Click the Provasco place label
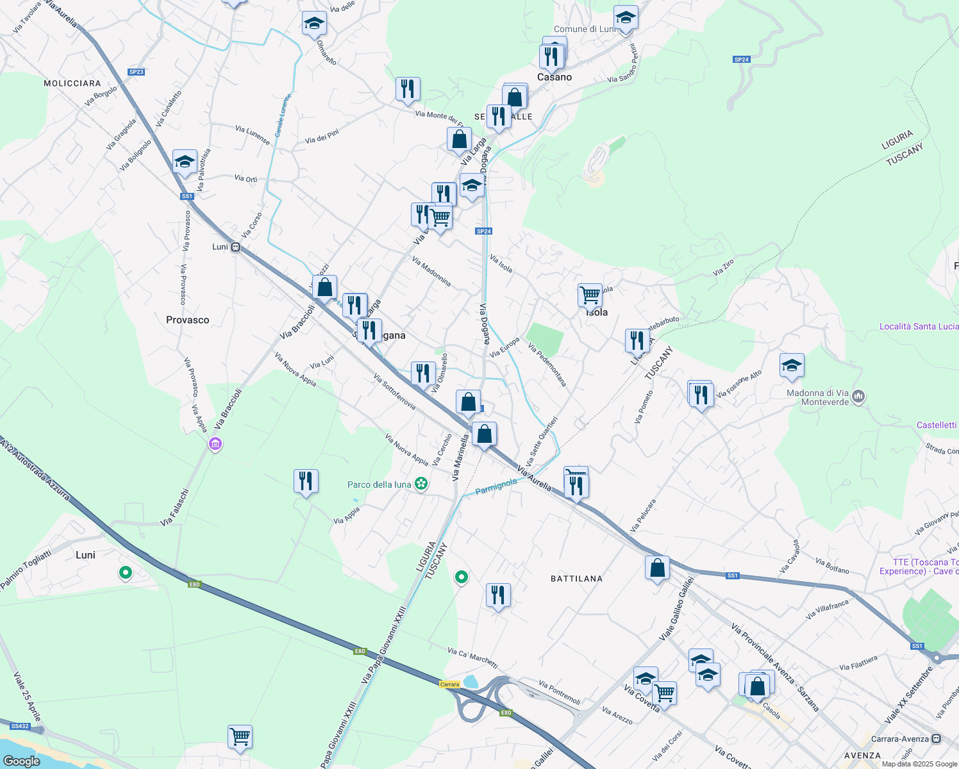tap(187, 320)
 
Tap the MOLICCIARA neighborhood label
tap(72, 83)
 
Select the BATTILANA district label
tap(576, 579)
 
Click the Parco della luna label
tap(379, 484)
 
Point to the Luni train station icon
tap(236, 247)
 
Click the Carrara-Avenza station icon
tap(937, 738)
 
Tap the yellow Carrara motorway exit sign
tap(449, 684)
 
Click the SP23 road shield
tap(136, 72)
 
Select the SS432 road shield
tap(20, 726)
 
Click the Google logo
tap(21, 761)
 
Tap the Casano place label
tap(554, 77)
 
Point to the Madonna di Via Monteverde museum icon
tap(859, 397)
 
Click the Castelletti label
tap(937, 425)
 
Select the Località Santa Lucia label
tap(919, 326)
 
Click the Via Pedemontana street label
tap(547, 365)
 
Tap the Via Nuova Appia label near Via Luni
tap(296, 370)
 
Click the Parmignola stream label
tap(496, 486)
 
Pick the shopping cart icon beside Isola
tap(590, 295)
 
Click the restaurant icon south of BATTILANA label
tap(498, 595)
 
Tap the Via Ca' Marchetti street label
tap(472, 657)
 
